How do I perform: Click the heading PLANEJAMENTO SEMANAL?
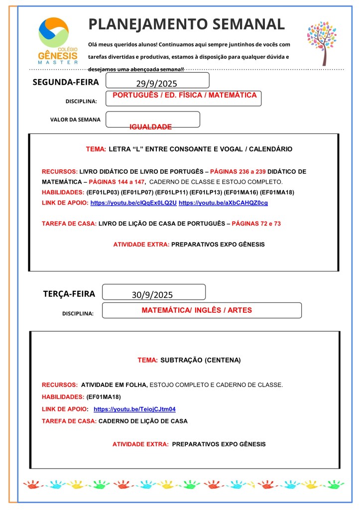(x=186, y=24)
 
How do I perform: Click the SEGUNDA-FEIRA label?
(x=66, y=82)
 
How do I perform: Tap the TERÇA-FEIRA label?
(x=69, y=294)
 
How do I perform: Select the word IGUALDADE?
(x=150, y=127)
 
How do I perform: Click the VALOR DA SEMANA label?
(x=75, y=120)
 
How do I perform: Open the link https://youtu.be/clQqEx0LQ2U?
(x=133, y=203)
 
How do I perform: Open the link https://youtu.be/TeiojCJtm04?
(x=134, y=409)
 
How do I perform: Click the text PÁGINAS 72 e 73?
(x=256, y=224)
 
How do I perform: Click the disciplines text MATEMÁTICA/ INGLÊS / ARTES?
(x=197, y=310)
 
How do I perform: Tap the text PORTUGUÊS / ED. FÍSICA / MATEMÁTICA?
(x=185, y=95)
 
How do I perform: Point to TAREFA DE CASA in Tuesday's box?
(x=69, y=421)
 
